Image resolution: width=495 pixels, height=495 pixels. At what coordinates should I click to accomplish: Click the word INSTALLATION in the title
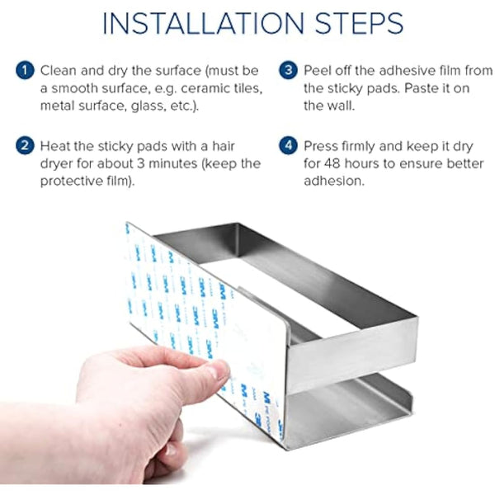203,23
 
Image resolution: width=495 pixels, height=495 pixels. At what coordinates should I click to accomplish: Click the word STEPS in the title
359,23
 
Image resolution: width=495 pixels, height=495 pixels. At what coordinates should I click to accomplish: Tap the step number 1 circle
25,70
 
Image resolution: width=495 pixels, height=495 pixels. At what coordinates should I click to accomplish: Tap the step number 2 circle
25,146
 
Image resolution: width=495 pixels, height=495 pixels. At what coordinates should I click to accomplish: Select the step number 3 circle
288,70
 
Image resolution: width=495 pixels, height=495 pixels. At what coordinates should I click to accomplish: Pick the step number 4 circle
288,146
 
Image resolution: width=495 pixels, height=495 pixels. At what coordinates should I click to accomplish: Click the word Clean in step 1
59,71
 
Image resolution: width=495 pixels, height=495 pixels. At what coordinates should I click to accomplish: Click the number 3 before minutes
140,164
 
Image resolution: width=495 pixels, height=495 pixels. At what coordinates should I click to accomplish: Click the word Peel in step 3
318,71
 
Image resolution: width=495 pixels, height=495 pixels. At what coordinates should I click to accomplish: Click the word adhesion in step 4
334,181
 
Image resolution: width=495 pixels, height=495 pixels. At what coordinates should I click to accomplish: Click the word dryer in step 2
57,164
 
